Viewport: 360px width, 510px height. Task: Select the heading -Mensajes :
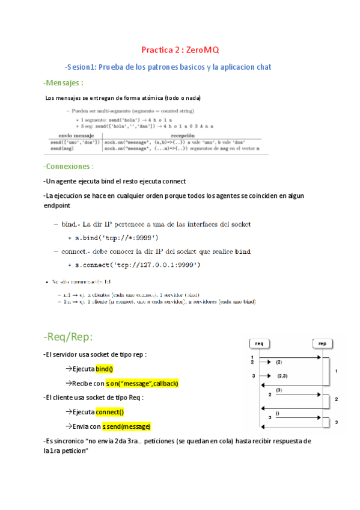pyautogui.click(x=63, y=82)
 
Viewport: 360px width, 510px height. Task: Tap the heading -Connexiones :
pyautogui.click(x=68, y=166)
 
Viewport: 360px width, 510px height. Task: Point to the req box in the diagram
pyautogui.click(x=260, y=343)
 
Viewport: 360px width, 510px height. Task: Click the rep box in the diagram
pyautogui.click(x=322, y=343)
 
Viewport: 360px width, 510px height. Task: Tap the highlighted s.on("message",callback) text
pyautogui.click(x=141, y=383)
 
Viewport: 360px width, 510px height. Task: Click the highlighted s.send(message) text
pyautogui.click(x=126, y=426)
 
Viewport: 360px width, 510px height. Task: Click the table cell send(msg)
pyautogui.click(x=62, y=148)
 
